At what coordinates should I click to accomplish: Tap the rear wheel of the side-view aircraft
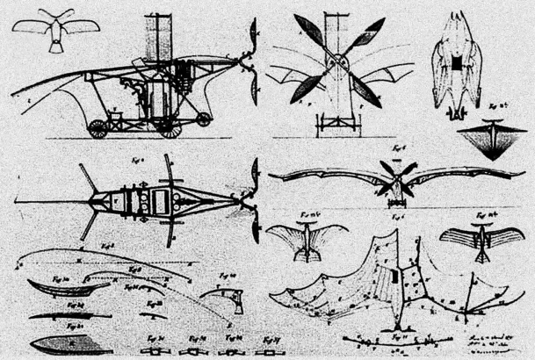pyautogui.click(x=98, y=128)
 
